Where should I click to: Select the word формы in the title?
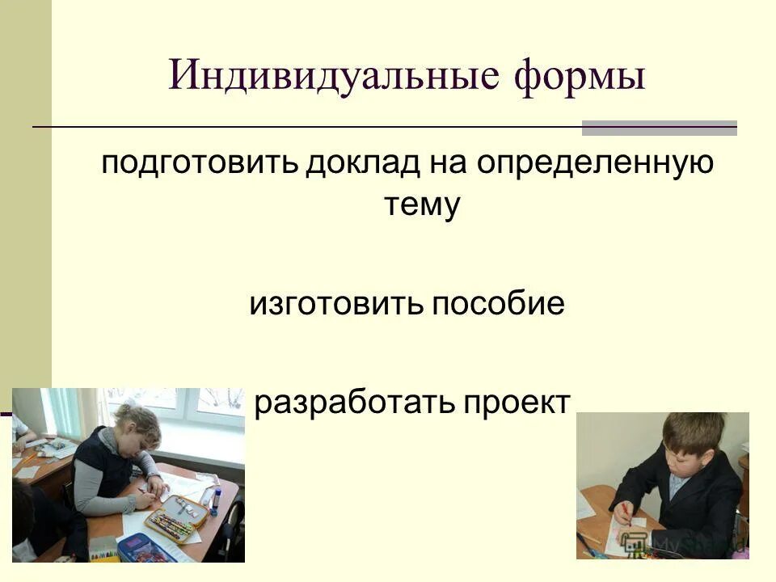tap(580, 78)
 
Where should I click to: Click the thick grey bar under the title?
tap(660, 128)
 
